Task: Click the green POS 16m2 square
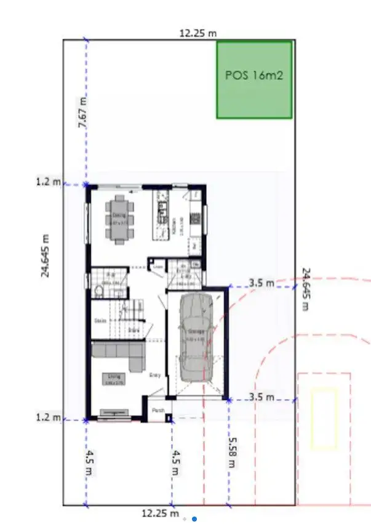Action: pyautogui.click(x=254, y=79)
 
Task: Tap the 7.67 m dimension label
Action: pyautogui.click(x=82, y=112)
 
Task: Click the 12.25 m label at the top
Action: pyautogui.click(x=197, y=33)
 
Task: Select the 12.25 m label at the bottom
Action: pyautogui.click(x=160, y=513)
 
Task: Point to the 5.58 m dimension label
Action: pyautogui.click(x=232, y=452)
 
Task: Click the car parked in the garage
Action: pyautogui.click(x=197, y=336)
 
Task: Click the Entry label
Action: pyautogui.click(x=155, y=374)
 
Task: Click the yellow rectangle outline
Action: pyautogui.click(x=324, y=418)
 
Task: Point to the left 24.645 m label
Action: pyautogui.click(x=46, y=255)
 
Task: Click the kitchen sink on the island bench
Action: pyautogui.click(x=163, y=212)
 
